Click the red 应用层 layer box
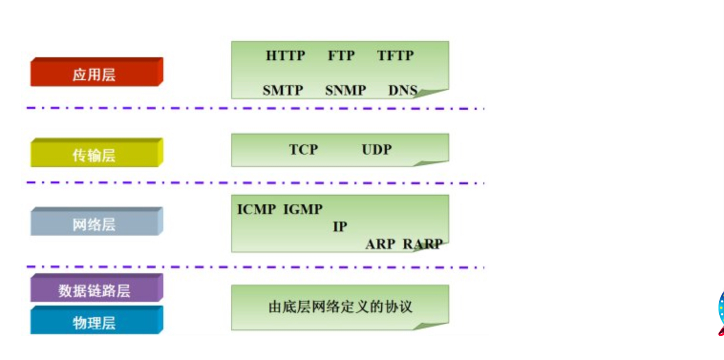click(96, 73)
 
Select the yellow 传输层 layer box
click(96, 154)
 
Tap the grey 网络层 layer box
click(96, 222)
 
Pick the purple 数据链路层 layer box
click(96, 289)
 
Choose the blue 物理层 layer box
click(96, 321)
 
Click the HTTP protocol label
click(285, 55)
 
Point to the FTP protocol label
click(341, 55)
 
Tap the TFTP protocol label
click(395, 55)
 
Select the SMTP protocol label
click(283, 90)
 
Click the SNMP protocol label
click(345, 90)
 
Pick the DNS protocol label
click(403, 90)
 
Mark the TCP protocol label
click(303, 149)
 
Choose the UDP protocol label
click(376, 149)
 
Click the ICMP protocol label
click(256, 209)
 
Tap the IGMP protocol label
click(303, 209)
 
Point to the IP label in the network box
click(340, 227)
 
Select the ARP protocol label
click(380, 244)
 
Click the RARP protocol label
click(422, 244)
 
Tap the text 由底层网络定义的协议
click(340, 307)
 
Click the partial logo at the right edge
click(720, 313)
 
